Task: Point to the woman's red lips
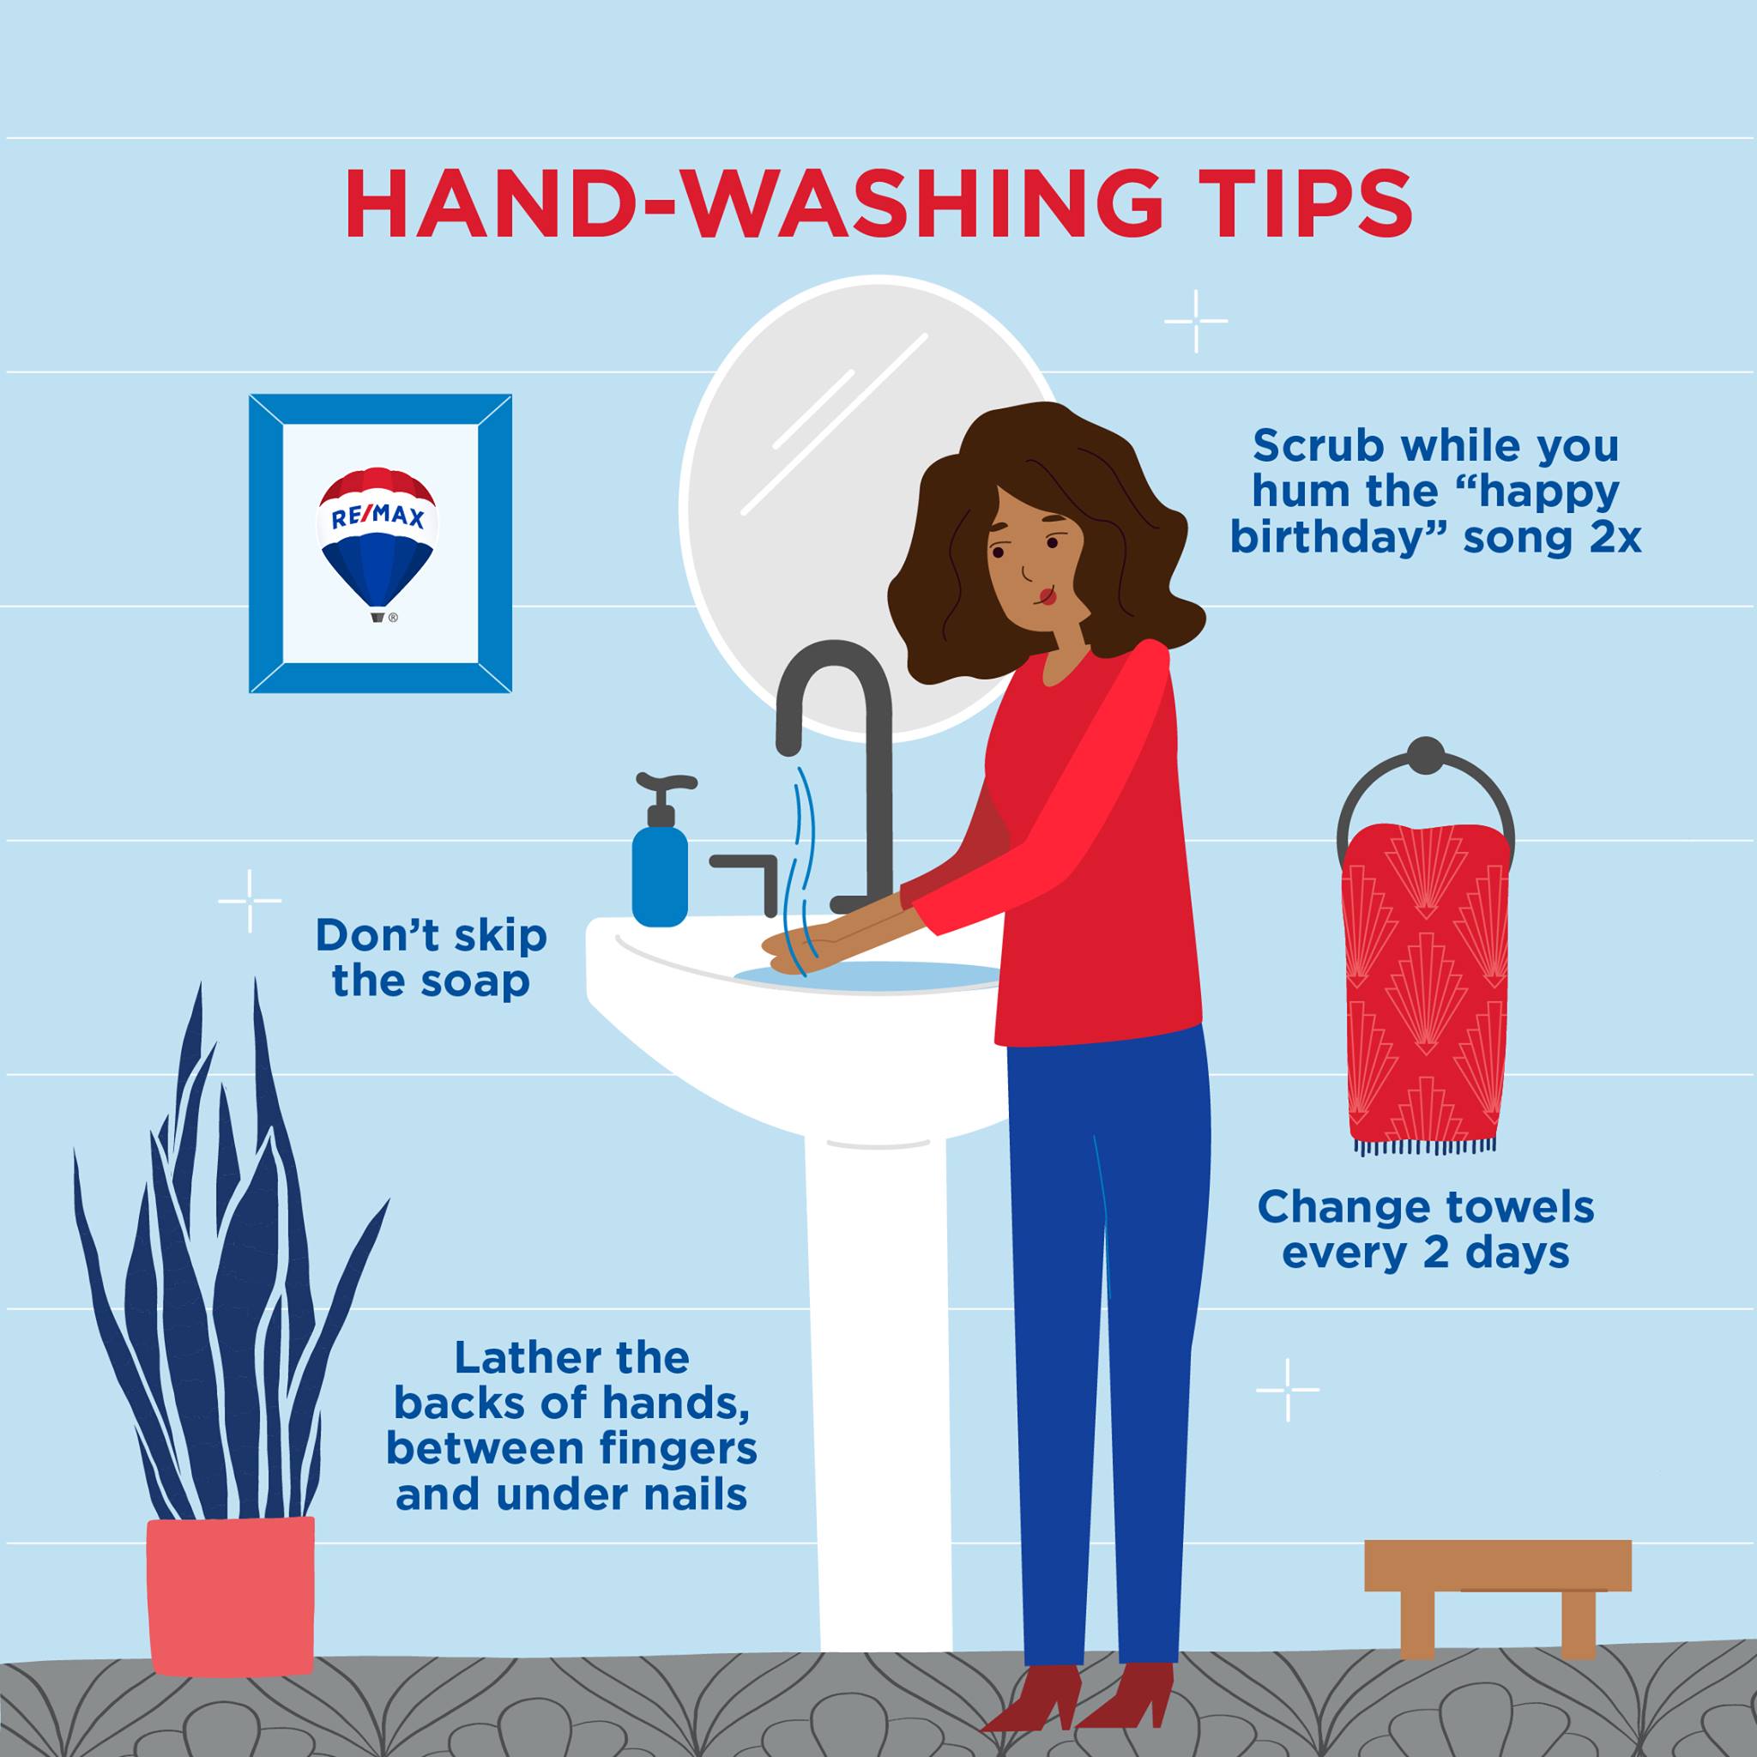click(x=1048, y=596)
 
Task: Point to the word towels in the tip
click(x=1515, y=1208)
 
